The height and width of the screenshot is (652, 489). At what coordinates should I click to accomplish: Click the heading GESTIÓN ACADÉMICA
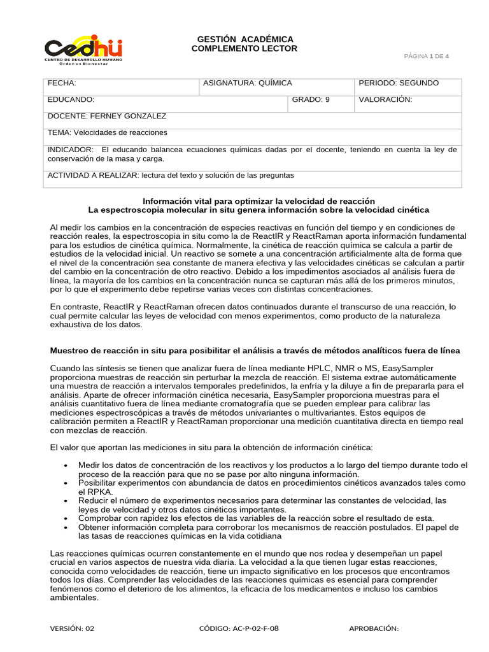[x=244, y=39]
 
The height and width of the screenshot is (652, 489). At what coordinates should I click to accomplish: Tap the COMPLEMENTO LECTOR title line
[x=244, y=48]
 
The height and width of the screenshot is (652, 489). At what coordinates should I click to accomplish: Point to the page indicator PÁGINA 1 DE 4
[x=427, y=56]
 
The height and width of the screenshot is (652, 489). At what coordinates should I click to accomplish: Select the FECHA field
[x=62, y=83]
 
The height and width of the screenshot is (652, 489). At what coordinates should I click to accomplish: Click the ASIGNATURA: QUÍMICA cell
[x=247, y=83]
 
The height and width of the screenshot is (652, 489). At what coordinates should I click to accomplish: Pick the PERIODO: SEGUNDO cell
[x=399, y=83]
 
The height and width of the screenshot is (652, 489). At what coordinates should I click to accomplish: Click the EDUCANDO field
[x=71, y=100]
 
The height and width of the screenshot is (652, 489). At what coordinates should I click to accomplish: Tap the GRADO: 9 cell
[x=311, y=100]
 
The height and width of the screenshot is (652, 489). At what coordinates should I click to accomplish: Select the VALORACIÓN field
[x=385, y=100]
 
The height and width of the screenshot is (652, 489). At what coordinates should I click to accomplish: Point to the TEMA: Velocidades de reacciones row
[x=108, y=133]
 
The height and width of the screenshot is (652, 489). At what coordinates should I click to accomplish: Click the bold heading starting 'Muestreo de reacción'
[x=255, y=351]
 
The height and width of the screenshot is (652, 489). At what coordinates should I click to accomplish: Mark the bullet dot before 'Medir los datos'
[x=67, y=466]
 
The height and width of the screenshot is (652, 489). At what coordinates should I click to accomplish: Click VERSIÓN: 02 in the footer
[x=72, y=628]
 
